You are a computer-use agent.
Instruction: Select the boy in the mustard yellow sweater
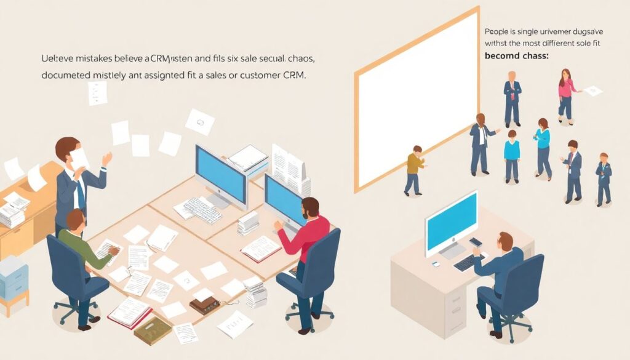[x=415, y=169]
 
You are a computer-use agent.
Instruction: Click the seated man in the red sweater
[x=305, y=237]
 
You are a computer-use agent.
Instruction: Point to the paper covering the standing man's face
[x=79, y=158]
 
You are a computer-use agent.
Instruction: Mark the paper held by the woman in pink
[x=593, y=91]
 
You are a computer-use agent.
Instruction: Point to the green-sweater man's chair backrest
[x=62, y=258]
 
